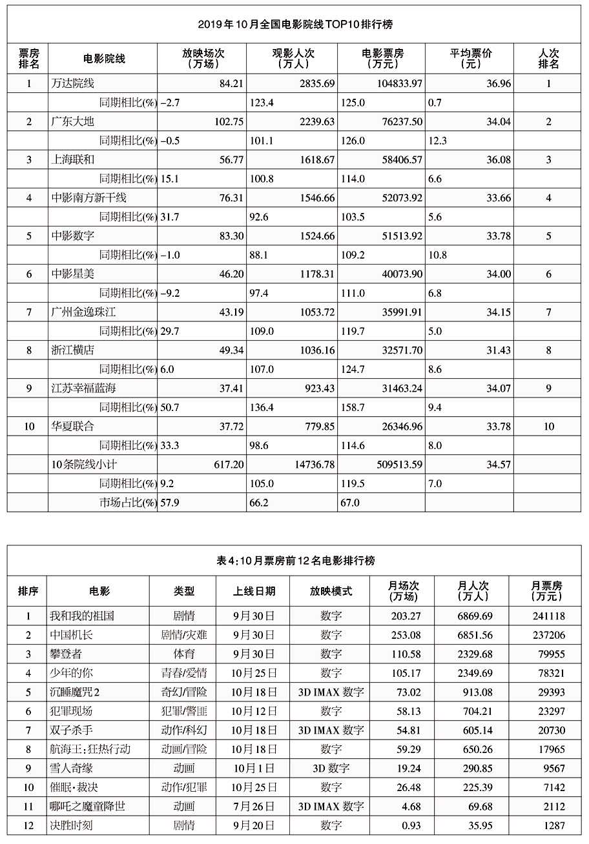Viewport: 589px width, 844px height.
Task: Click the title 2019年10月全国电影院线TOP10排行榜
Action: [x=295, y=25]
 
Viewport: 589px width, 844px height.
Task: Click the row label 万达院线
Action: [x=72, y=83]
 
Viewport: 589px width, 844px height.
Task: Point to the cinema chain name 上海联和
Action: [x=72, y=159]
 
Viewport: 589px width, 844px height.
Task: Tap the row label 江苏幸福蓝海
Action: [x=83, y=388]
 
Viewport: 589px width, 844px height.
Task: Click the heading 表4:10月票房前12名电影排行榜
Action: [x=295, y=560]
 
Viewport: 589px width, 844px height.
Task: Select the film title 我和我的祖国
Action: [x=82, y=616]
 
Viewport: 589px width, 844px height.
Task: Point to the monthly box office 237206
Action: [x=548, y=636]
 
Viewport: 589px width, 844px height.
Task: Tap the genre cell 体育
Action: [x=184, y=654]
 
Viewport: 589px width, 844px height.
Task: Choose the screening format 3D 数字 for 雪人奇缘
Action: [x=331, y=769]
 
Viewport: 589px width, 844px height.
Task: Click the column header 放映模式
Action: [x=331, y=591]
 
